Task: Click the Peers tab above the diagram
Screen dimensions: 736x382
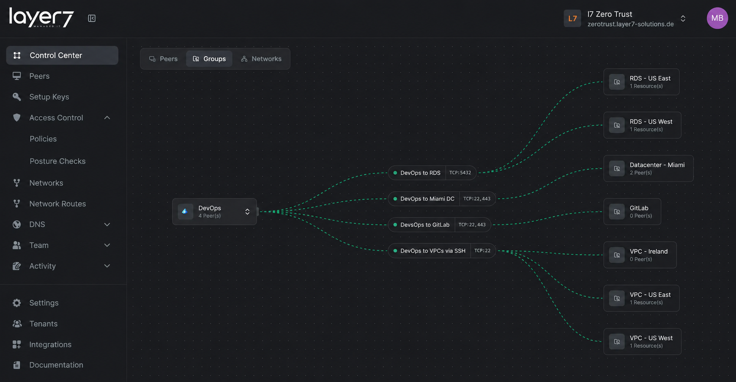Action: tap(163, 59)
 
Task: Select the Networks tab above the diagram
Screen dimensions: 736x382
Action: tap(261, 59)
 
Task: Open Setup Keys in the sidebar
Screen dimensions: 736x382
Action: tap(49, 97)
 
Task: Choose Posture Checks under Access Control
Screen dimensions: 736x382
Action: tap(57, 161)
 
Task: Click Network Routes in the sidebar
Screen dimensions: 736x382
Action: tap(57, 204)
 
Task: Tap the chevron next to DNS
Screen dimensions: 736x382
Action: tap(107, 225)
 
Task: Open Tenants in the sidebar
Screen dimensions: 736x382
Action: tap(43, 324)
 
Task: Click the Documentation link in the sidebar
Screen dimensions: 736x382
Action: tap(56, 365)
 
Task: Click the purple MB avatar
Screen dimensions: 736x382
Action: tap(717, 18)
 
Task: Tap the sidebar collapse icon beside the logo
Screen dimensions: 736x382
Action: tap(92, 18)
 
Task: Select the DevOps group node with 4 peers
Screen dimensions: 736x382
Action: tap(214, 212)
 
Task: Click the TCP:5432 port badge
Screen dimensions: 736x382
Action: tap(460, 173)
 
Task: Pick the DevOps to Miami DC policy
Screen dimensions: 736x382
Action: tap(427, 199)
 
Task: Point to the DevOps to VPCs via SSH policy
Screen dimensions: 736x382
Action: tap(432, 251)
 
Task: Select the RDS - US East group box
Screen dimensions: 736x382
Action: tap(641, 82)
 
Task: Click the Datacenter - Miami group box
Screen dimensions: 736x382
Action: tap(648, 168)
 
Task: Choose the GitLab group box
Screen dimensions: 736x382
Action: tap(632, 212)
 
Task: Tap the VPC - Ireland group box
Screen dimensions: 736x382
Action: tap(640, 255)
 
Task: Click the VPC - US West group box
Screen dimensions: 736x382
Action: tap(642, 341)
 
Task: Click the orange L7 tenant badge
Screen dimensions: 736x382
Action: tap(572, 19)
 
